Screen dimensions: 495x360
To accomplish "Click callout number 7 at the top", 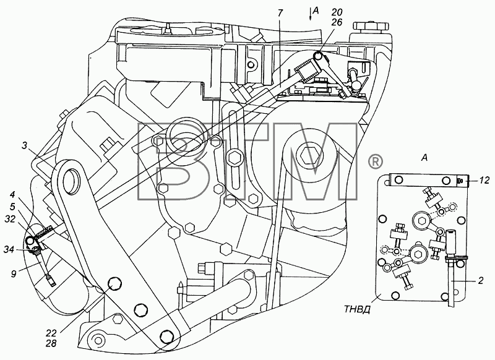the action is [281, 13].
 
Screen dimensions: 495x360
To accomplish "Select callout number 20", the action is [337, 12].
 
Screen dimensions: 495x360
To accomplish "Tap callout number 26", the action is [337, 22].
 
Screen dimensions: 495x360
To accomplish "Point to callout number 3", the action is [25, 145].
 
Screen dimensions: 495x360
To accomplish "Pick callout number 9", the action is [13, 274].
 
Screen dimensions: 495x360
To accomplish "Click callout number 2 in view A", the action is [481, 280].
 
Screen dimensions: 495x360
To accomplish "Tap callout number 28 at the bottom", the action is [51, 343].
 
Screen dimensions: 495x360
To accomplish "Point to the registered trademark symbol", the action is [376, 162].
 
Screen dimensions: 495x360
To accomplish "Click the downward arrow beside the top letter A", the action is [310, 14].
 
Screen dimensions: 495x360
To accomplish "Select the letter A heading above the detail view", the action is [424, 158].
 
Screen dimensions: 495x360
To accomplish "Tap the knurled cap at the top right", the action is [370, 27].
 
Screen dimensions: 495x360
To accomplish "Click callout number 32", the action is [10, 218].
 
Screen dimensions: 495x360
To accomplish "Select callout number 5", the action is [12, 207].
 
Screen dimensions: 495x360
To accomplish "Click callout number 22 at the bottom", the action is [51, 333].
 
